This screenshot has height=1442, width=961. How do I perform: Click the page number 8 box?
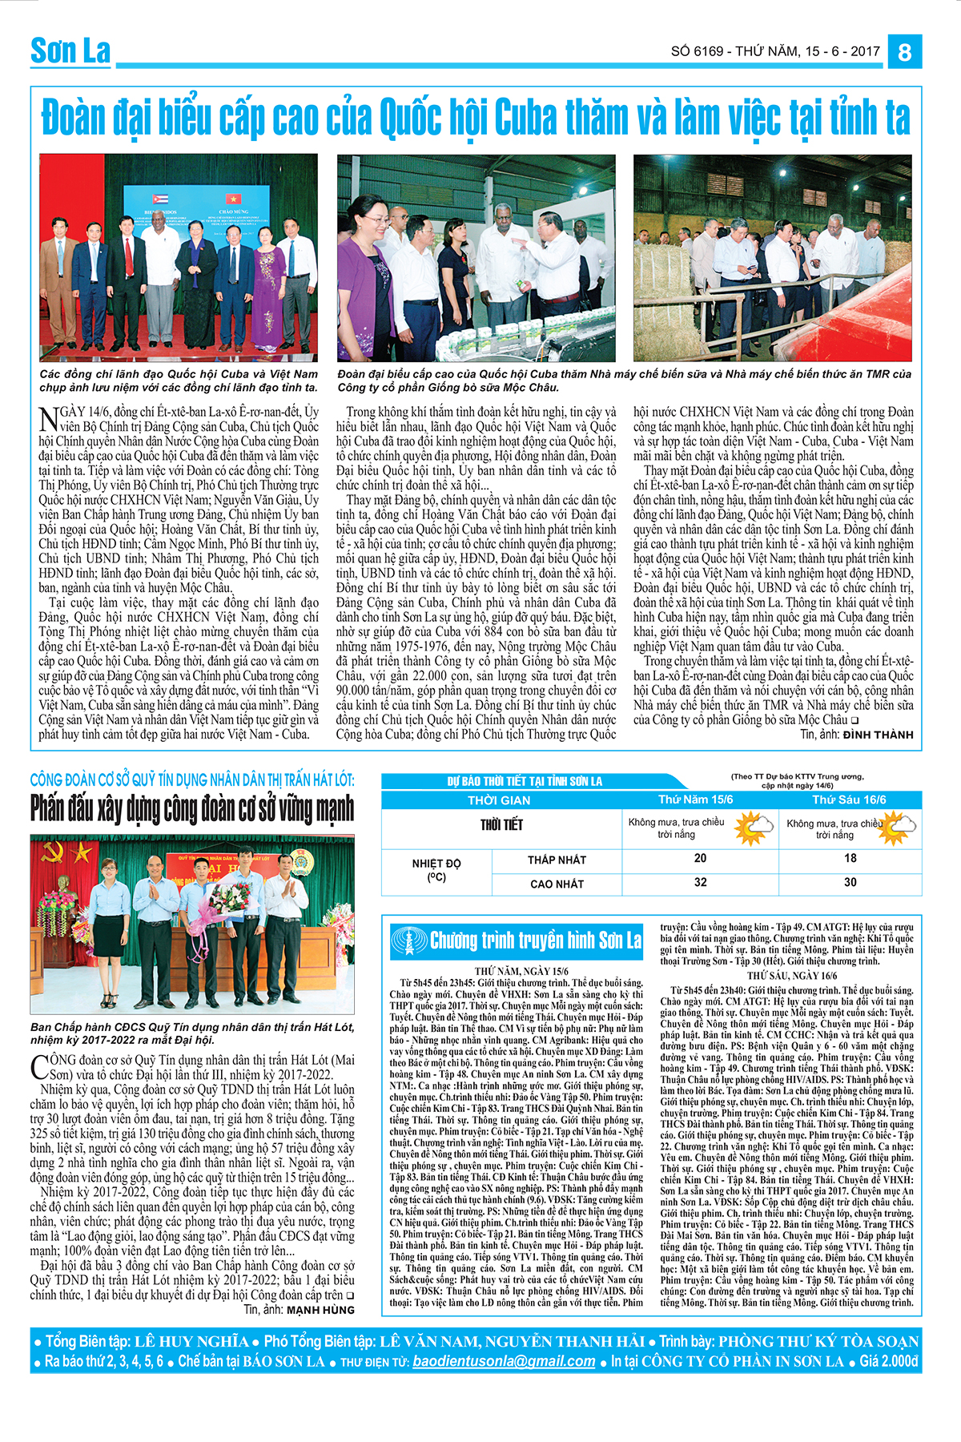pyautogui.click(x=904, y=52)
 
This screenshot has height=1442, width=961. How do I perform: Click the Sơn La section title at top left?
pyautogui.click(x=70, y=51)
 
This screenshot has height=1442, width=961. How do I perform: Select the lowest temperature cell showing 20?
pyautogui.click(x=700, y=858)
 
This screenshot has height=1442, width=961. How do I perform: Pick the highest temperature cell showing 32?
pyautogui.click(x=700, y=882)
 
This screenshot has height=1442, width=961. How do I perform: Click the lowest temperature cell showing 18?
pyautogui.click(x=850, y=858)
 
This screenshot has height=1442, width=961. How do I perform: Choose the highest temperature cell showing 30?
pyautogui.click(x=850, y=882)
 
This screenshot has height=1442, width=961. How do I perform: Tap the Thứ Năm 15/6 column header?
pyautogui.click(x=695, y=800)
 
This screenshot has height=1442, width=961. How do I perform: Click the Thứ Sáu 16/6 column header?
pyautogui.click(x=849, y=800)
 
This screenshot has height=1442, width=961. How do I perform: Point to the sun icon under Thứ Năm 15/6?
pyautogui.click(x=753, y=827)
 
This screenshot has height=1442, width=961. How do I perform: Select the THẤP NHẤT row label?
pyautogui.click(x=557, y=860)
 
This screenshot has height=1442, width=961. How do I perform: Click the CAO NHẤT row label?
pyautogui.click(x=557, y=884)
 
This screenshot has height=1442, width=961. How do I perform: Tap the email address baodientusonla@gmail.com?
pyautogui.click(x=504, y=1361)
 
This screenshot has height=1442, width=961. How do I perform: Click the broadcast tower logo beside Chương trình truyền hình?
pyautogui.click(x=409, y=941)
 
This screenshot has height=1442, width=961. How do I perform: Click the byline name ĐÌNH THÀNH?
pyautogui.click(x=878, y=735)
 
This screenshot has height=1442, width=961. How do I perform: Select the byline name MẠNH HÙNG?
pyautogui.click(x=320, y=1310)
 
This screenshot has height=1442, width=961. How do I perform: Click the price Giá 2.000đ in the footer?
pyautogui.click(x=888, y=1361)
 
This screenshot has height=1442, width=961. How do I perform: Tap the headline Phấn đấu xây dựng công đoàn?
pyautogui.click(x=192, y=808)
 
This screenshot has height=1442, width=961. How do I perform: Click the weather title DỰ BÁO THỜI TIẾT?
pyautogui.click(x=525, y=781)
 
